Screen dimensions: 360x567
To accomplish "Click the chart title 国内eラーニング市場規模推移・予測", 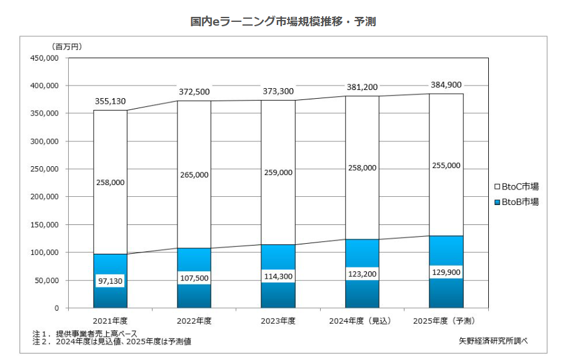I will coord(283,22).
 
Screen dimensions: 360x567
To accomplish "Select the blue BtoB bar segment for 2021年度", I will coord(110,294).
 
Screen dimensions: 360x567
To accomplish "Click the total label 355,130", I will coord(110,101).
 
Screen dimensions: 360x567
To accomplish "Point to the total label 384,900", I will coord(446,84).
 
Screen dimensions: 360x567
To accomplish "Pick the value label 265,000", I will coord(194,175).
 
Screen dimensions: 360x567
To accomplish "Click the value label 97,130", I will coord(110,282).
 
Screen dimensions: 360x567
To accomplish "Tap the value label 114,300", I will coord(278,276).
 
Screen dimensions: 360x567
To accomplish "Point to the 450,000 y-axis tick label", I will coord(44,58).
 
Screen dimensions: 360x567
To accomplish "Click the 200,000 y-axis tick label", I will coord(44,197).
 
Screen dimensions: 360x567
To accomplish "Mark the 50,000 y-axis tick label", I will coord(46,281).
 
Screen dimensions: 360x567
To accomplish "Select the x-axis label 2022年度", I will coord(194,321).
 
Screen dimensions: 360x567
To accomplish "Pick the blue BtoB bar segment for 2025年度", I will coord(446,294).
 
